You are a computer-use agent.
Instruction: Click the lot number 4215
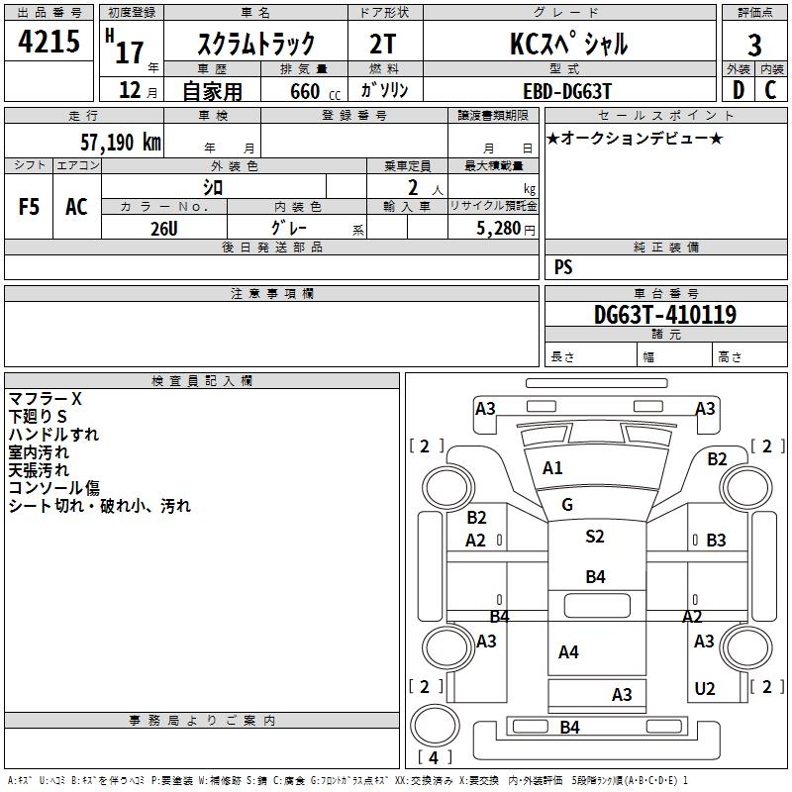click(x=49, y=42)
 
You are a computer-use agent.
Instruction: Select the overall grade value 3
click(x=754, y=46)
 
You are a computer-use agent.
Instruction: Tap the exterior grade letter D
click(x=739, y=90)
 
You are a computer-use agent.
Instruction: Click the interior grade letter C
click(x=770, y=90)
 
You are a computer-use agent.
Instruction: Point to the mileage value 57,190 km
click(x=121, y=143)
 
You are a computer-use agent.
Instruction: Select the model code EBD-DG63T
click(x=567, y=91)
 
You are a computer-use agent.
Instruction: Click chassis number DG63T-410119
click(x=665, y=315)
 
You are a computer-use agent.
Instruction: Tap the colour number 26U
click(x=164, y=229)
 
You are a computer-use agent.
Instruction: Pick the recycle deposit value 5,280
click(x=498, y=229)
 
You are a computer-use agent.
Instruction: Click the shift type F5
click(x=29, y=207)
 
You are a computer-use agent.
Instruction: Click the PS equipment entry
click(x=563, y=266)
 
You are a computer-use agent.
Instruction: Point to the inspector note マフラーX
click(x=45, y=399)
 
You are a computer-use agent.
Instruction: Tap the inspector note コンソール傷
click(x=54, y=488)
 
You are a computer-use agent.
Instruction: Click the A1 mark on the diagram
click(x=552, y=468)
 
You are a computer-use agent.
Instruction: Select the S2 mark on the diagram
click(x=595, y=536)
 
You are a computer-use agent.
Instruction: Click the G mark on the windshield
click(x=567, y=505)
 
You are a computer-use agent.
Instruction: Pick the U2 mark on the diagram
click(x=705, y=689)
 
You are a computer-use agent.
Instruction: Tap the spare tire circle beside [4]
click(x=435, y=725)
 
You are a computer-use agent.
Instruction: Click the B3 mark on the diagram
click(x=716, y=541)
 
